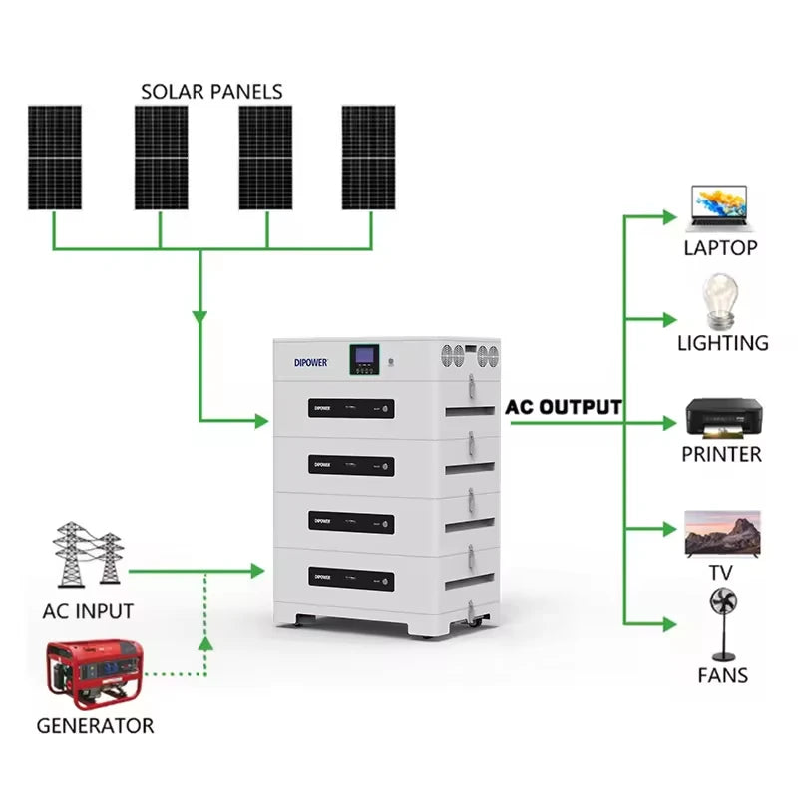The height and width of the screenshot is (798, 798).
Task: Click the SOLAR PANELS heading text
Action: click(211, 91)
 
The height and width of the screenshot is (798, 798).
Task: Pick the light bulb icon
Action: click(720, 301)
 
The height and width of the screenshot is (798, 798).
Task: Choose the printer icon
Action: click(722, 418)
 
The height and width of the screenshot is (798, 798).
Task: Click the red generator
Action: click(94, 674)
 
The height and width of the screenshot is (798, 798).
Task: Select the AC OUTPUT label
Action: click(564, 407)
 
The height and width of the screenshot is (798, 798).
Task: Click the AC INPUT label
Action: click(87, 610)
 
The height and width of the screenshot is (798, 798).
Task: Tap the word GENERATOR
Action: click(95, 725)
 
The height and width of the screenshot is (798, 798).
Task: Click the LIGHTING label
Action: click(722, 343)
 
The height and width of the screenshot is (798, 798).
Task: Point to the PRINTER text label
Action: click(721, 455)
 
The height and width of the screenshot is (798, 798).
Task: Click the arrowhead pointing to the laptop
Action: click(669, 214)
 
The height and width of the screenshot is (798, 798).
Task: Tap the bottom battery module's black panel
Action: click(350, 576)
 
